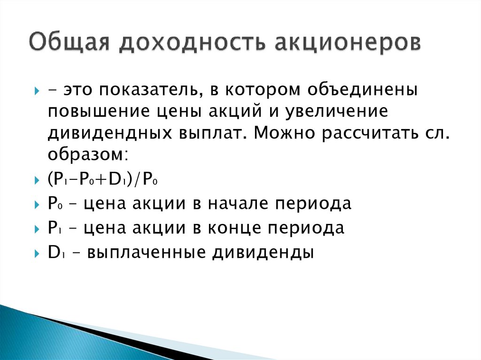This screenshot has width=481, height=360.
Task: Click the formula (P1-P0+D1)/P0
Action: coord(105,180)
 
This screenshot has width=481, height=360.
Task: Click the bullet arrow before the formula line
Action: coord(38,180)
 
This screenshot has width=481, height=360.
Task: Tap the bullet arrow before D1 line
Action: coord(38,253)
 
